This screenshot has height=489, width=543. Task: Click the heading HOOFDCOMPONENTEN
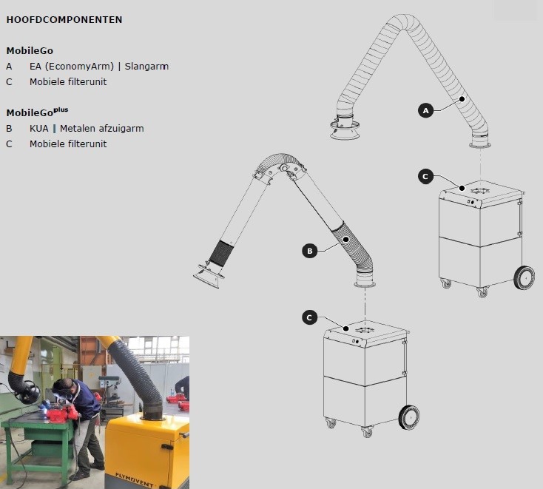[x=64, y=20]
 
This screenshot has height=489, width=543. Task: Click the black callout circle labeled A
[x=425, y=110]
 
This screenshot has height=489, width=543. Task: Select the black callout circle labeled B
[x=309, y=251]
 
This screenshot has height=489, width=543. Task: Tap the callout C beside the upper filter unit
[x=425, y=177]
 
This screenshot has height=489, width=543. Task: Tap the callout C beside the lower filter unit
[x=309, y=317]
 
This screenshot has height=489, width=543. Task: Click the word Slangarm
[x=146, y=66]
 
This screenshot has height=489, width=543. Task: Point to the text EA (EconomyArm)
[x=72, y=66]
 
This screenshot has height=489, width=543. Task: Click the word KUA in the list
[x=38, y=129]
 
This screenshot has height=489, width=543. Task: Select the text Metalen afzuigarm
[x=102, y=129]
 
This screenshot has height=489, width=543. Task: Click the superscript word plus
[x=61, y=109]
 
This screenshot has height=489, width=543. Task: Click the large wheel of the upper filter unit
[x=524, y=277]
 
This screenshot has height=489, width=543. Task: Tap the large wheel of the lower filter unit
[x=409, y=417]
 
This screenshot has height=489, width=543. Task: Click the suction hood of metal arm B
[x=209, y=276]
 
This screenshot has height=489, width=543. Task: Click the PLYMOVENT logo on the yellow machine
[x=134, y=479]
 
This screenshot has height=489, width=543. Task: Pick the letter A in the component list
[x=9, y=66]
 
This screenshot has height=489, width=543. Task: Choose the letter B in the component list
[x=9, y=129]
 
